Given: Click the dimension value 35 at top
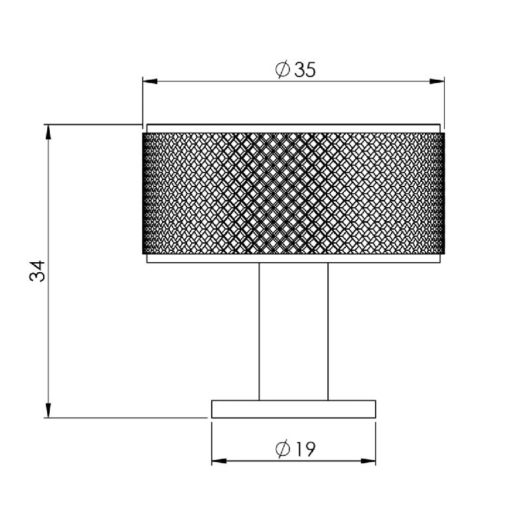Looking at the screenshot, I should point(303,70).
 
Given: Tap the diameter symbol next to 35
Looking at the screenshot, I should point(281,70).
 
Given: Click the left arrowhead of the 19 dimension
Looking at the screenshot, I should point(218,461).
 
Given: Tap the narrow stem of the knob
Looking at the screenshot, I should point(293,332).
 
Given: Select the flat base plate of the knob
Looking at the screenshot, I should point(293,409).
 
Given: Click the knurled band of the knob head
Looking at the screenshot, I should point(293,192).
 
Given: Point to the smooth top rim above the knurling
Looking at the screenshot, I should point(293,128).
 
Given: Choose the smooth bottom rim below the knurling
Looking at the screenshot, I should point(293,258).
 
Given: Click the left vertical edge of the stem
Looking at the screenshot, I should point(259,332).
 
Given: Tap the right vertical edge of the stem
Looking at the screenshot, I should point(328,332).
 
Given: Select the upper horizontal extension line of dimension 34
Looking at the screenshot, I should point(93,123).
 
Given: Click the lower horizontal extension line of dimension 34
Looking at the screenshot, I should point(126,417).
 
